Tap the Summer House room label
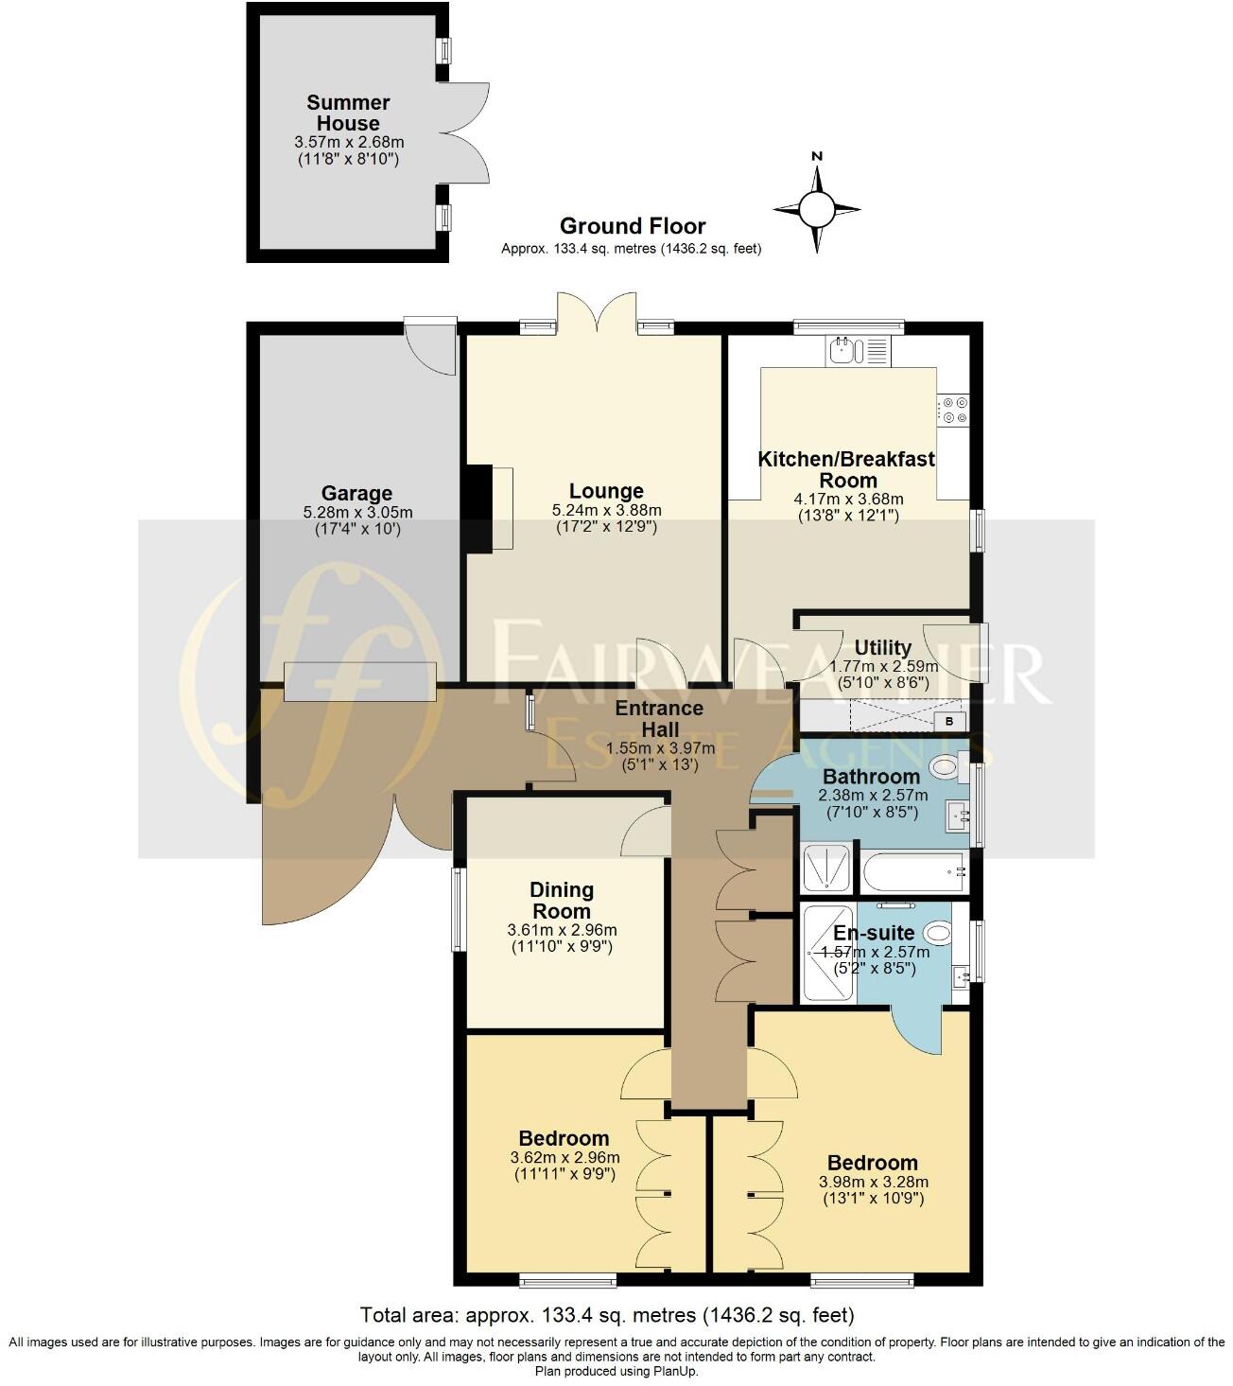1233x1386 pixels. point(348,113)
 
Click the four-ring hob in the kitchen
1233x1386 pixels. point(953,410)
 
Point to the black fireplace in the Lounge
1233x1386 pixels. point(480,507)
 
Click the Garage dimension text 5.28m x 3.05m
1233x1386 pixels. point(356,513)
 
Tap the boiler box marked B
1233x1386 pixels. point(949,722)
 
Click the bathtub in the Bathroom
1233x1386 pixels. point(913,871)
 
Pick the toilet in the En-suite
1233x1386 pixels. point(936,934)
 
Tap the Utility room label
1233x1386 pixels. point(882,647)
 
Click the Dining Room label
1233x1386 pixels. point(561,901)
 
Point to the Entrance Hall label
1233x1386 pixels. point(659,719)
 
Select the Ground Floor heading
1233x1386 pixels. point(633,226)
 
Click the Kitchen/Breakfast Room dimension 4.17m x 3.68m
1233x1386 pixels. point(848,499)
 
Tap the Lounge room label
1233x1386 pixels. point(606,491)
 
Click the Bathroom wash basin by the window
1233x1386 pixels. point(957,815)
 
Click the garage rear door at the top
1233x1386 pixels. point(430,345)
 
